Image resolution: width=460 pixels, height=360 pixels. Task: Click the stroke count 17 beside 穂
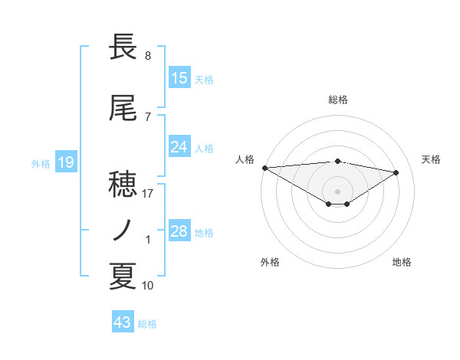click(x=148, y=194)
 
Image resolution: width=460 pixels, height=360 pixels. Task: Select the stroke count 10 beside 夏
click(x=148, y=286)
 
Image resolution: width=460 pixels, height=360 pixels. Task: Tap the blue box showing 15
click(x=179, y=78)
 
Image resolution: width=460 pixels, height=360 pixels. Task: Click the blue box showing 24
click(x=179, y=147)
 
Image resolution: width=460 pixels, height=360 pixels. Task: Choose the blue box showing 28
click(x=179, y=231)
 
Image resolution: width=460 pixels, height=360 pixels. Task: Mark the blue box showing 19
click(x=66, y=162)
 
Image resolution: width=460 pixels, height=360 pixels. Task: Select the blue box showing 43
click(x=123, y=322)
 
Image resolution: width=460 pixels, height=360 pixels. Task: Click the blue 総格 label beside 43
click(x=147, y=324)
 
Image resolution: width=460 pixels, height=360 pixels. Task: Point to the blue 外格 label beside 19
click(x=41, y=163)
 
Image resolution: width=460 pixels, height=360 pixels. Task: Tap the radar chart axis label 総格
click(x=337, y=100)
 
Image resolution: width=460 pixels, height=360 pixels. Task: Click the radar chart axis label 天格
click(x=432, y=159)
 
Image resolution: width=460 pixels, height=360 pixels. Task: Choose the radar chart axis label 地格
click(x=402, y=262)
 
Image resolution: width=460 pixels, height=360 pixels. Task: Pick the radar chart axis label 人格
click(x=245, y=159)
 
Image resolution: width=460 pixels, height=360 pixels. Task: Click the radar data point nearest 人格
click(x=264, y=167)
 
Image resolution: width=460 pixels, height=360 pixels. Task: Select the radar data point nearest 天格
click(x=396, y=172)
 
